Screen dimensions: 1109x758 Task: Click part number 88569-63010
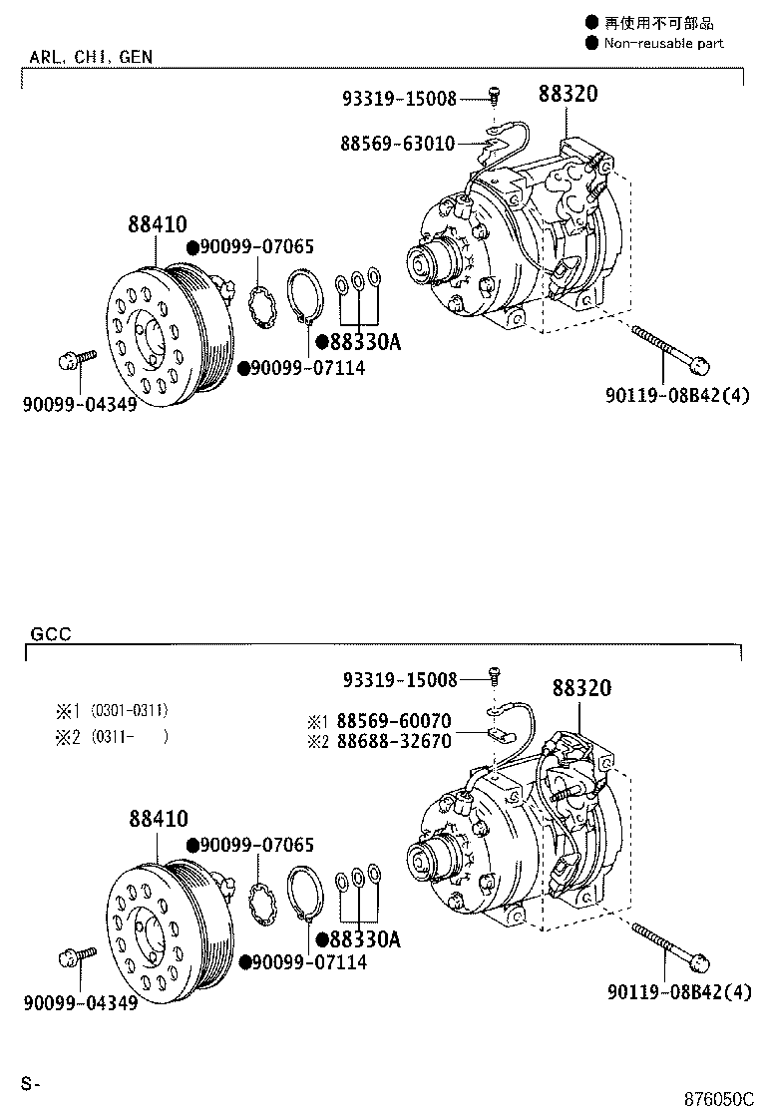point(398,144)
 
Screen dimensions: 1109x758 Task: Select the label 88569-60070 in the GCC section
point(393,721)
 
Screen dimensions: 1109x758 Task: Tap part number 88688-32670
point(393,741)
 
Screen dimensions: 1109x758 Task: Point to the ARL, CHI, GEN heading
point(91,57)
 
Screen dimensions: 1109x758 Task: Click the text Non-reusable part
point(662,43)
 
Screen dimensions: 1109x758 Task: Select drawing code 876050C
point(717,1098)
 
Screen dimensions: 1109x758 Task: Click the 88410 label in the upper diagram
point(158,224)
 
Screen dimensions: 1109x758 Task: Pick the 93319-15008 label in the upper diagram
point(399,99)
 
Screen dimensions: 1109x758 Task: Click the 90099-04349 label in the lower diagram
point(81,1002)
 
